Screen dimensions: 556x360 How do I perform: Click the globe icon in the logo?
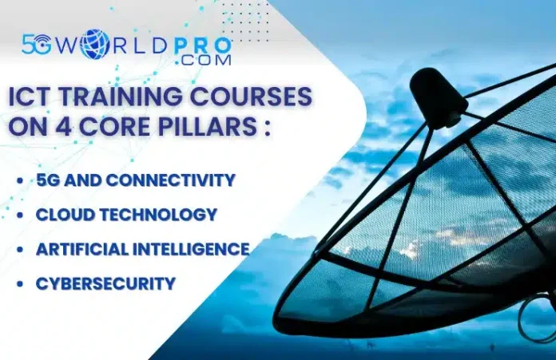click(96, 43)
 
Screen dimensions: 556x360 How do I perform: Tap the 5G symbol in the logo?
click(36, 44)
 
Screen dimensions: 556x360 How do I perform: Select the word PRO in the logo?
click(203, 46)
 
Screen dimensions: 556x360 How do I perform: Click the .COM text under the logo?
click(203, 60)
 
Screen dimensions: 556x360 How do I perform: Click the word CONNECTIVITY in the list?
click(171, 180)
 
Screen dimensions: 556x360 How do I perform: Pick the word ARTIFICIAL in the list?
click(82, 249)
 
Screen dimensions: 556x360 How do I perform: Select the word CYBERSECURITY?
click(106, 283)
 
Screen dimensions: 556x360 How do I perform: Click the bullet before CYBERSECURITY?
click(20, 283)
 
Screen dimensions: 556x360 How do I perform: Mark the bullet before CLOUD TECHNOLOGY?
click(20, 215)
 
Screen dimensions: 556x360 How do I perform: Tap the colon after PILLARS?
click(267, 128)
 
